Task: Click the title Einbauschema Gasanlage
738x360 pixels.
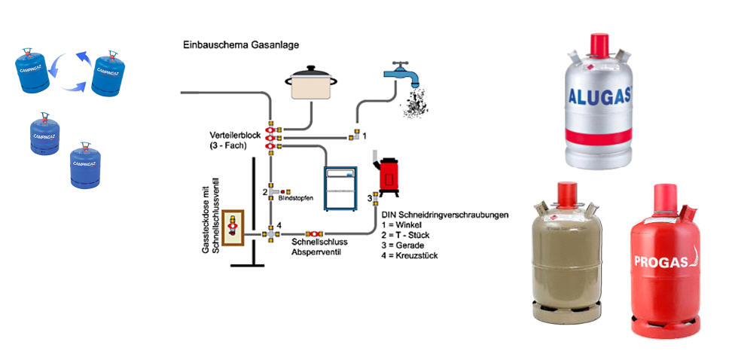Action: click(241, 45)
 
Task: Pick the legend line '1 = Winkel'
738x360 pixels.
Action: click(404, 225)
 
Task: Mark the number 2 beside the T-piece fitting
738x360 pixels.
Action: click(265, 192)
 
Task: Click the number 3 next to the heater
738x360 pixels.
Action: click(370, 198)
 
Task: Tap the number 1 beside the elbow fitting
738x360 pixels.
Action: click(364, 136)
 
